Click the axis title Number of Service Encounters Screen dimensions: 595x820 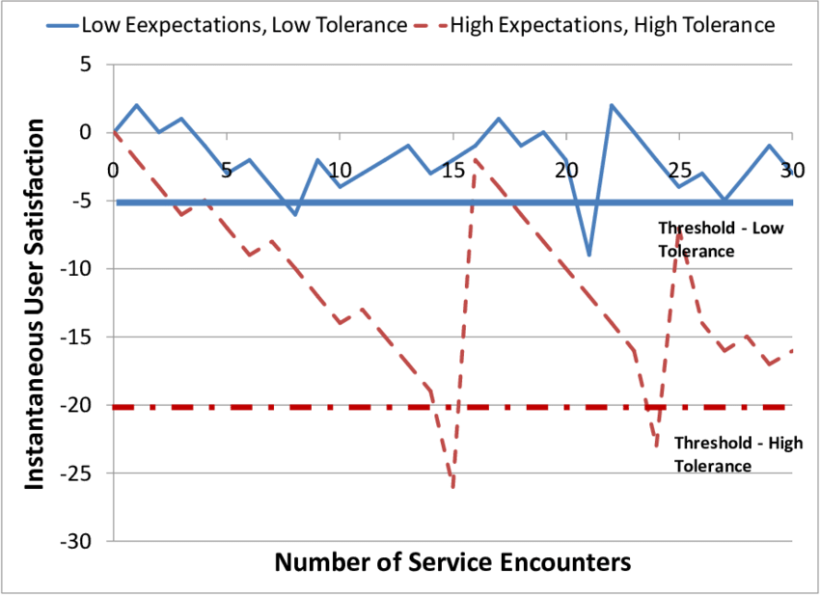coord(452,561)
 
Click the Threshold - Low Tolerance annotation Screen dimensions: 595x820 coord(697,240)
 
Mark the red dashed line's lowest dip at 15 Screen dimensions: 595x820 coord(452,487)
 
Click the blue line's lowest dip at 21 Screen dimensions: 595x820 coord(588,256)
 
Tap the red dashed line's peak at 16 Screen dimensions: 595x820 coord(476,160)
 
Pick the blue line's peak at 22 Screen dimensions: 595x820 coord(612,105)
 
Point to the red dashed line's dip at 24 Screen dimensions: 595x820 coord(656,446)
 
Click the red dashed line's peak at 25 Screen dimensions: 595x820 coord(679,229)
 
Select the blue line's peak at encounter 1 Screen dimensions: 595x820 coord(136,105)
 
